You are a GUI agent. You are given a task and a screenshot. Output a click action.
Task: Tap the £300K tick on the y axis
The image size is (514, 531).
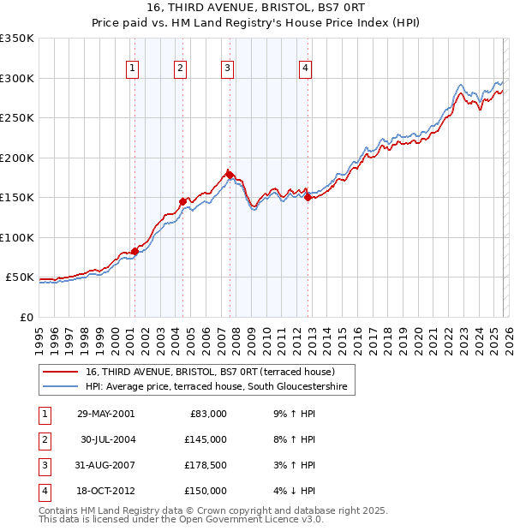(17, 78)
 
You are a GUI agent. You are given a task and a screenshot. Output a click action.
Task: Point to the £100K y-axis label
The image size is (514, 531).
(17, 237)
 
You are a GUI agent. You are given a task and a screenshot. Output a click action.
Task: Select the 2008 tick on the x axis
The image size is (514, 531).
(236, 331)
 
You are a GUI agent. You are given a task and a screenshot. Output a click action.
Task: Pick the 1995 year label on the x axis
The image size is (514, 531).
(39, 331)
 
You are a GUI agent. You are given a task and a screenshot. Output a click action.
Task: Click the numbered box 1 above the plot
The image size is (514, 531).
(134, 69)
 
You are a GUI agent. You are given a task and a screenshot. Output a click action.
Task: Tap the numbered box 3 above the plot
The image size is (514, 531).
(227, 69)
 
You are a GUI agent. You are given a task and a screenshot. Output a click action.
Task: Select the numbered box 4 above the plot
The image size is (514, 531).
(305, 69)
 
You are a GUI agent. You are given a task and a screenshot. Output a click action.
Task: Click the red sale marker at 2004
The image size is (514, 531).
(182, 201)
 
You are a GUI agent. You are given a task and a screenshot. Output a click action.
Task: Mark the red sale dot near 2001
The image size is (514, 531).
(135, 251)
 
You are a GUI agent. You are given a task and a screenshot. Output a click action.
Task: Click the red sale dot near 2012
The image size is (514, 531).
(308, 197)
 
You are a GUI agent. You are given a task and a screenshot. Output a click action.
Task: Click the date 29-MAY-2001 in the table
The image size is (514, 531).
(105, 414)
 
